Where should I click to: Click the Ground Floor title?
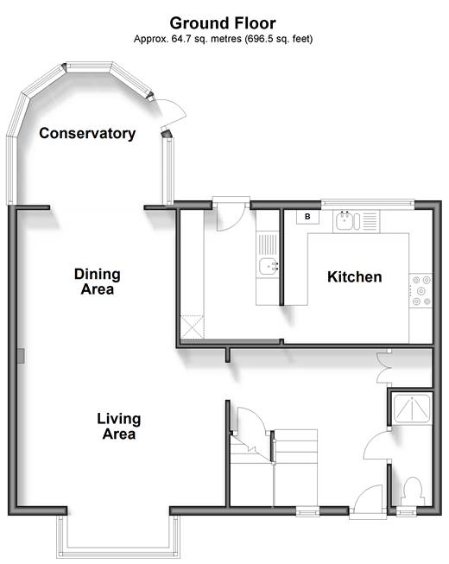(223, 23)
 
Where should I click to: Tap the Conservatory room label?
(87, 134)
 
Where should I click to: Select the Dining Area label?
(97, 282)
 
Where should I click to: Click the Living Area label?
(119, 426)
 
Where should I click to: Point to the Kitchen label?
(355, 277)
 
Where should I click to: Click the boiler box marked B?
(307, 217)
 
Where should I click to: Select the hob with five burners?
(421, 290)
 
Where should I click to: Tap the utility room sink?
(268, 266)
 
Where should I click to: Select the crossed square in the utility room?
(192, 327)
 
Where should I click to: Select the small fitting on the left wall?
(21, 355)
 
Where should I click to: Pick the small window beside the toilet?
(406, 511)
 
